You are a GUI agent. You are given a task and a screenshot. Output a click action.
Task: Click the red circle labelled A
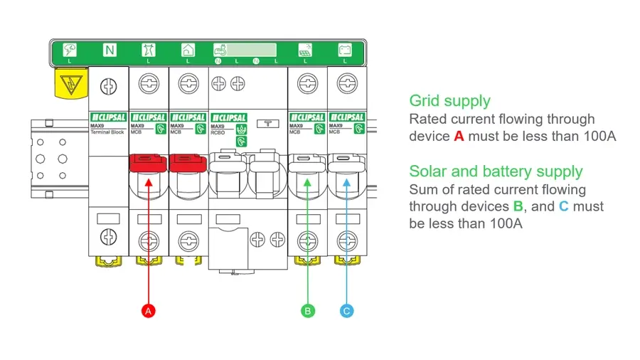click(148, 311)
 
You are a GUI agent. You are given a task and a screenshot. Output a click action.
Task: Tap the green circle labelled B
click(307, 311)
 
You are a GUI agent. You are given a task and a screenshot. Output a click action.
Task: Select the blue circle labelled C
click(346, 311)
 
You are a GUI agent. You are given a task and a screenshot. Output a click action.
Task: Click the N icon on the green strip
click(110, 50)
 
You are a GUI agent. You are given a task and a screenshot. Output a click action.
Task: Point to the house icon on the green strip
click(188, 50)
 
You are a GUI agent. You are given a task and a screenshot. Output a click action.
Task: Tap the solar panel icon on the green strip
click(304, 50)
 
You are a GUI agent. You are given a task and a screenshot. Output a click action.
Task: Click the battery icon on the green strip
click(345, 50)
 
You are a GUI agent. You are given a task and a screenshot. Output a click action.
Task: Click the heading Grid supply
click(449, 101)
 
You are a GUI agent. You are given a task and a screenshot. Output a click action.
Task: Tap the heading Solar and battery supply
click(496, 171)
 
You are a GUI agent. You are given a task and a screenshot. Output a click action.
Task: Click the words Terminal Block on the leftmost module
click(107, 132)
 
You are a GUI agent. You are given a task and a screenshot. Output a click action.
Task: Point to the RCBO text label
click(218, 132)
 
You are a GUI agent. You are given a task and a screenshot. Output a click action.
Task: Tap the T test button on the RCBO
click(267, 125)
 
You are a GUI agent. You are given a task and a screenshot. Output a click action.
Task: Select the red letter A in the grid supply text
click(459, 136)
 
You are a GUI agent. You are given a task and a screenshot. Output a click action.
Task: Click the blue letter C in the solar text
click(563, 206)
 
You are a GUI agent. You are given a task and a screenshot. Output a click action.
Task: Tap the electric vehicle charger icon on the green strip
click(220, 50)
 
